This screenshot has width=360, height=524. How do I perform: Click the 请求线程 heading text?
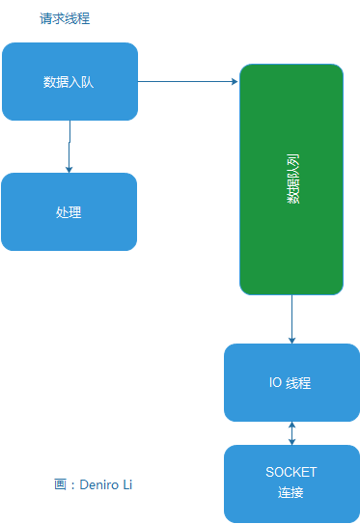pos(65,19)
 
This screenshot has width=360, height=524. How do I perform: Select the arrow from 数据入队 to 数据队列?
pos(188,82)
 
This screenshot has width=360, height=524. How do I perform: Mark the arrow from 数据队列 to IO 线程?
pos(291,318)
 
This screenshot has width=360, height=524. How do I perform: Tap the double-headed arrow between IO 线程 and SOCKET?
pos(291,433)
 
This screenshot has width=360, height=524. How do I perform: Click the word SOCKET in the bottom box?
pos(291,473)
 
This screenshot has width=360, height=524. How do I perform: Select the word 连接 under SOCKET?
pos(291,493)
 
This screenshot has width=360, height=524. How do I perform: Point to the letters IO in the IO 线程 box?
pos(275,383)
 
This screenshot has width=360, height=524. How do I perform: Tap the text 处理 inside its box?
pos(69,212)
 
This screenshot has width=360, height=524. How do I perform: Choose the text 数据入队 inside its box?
pos(69,82)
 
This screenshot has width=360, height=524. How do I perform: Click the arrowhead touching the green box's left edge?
pos(235,82)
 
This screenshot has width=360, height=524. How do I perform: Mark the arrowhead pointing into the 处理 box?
pos(69,169)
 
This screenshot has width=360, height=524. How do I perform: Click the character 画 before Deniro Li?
pos(60,484)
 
